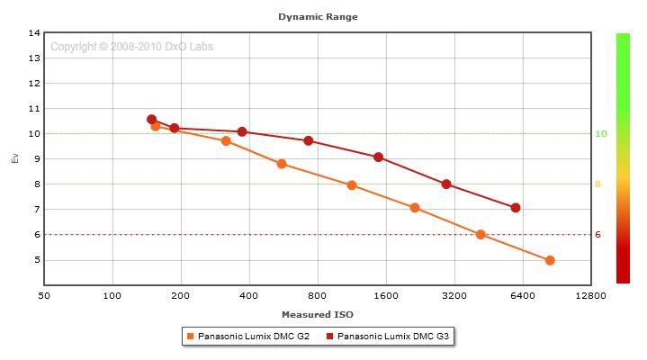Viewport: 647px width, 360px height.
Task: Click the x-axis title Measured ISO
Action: coord(317,315)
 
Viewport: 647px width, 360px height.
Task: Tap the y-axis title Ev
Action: coord(13,158)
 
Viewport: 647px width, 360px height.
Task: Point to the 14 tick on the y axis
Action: coord(35,33)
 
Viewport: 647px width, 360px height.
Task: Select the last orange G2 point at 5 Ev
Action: coord(550,260)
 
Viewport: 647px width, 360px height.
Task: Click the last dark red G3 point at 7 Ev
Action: coord(516,208)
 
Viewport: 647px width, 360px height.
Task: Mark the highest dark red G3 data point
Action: coord(151,119)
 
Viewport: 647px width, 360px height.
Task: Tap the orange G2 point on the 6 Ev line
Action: coord(481,235)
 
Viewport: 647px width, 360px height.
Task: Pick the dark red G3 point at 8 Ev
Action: coord(446,184)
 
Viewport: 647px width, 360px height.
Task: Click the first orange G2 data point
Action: coord(156,126)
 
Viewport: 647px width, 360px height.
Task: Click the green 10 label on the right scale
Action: coord(600,134)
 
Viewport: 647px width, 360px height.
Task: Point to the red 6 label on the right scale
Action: coord(598,235)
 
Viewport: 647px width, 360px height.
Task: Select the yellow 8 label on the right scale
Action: coord(598,184)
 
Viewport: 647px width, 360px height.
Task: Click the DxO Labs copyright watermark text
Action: coord(131,47)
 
